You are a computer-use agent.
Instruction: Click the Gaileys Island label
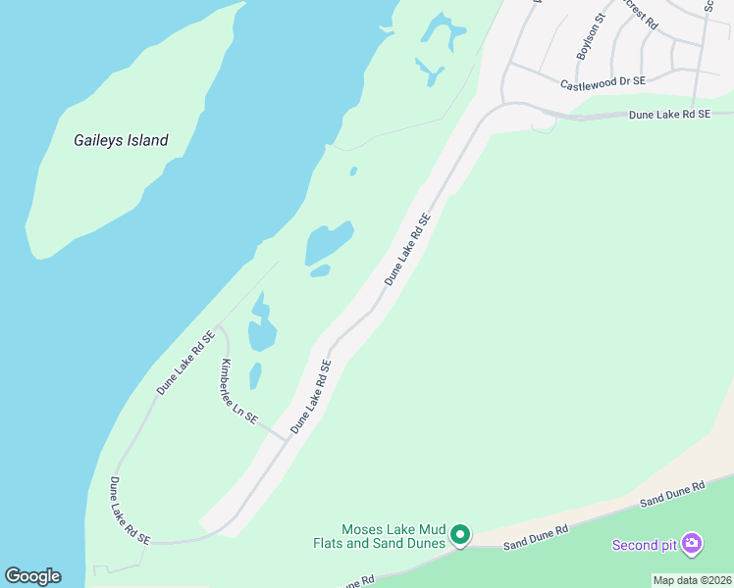(x=121, y=140)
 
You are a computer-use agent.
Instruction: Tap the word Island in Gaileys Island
(x=147, y=140)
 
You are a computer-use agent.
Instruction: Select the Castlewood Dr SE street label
(x=603, y=84)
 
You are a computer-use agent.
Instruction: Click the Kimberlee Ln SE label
(x=238, y=391)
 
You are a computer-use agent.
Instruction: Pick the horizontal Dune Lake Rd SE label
(x=669, y=115)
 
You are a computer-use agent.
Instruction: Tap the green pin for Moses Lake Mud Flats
(x=460, y=535)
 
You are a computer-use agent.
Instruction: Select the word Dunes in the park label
(x=425, y=542)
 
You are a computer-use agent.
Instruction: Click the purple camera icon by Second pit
(x=692, y=543)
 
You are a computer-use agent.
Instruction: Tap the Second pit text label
(x=645, y=545)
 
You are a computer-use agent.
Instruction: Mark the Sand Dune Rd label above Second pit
(x=672, y=494)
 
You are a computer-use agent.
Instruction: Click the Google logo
(x=32, y=576)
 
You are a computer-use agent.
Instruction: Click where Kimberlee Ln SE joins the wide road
(x=287, y=439)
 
